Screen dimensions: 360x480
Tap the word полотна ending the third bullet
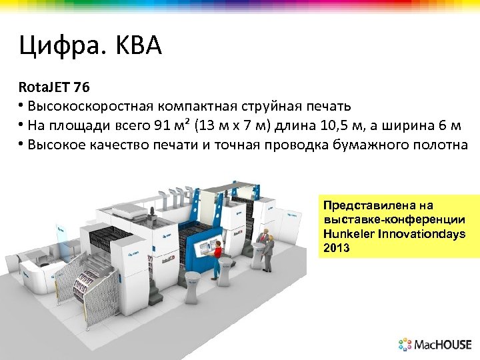point(443,145)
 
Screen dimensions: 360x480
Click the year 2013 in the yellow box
point(336,247)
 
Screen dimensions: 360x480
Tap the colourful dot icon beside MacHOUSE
point(405,345)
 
